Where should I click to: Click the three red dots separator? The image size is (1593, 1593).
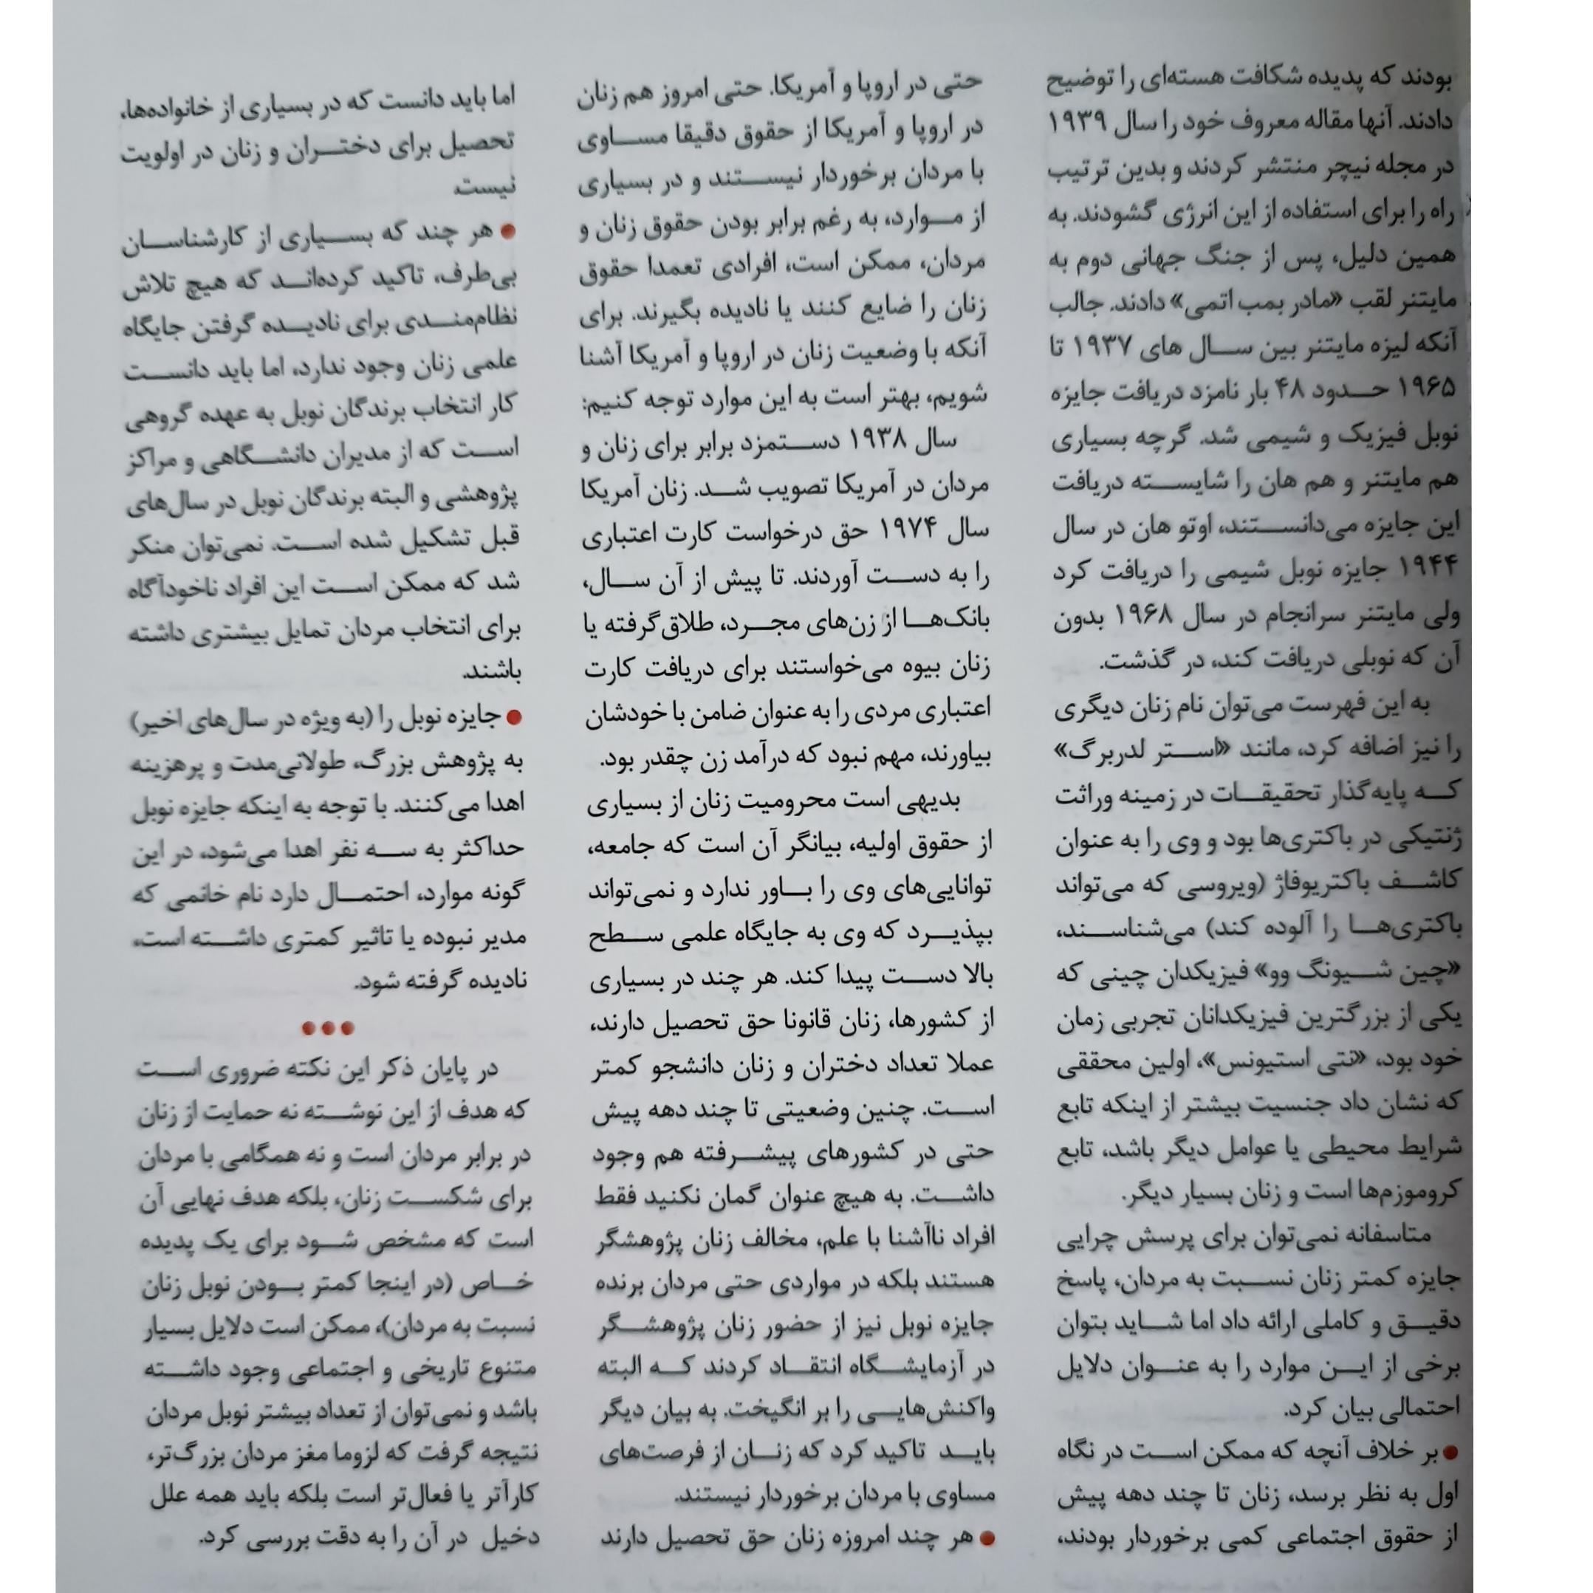(x=327, y=1028)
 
